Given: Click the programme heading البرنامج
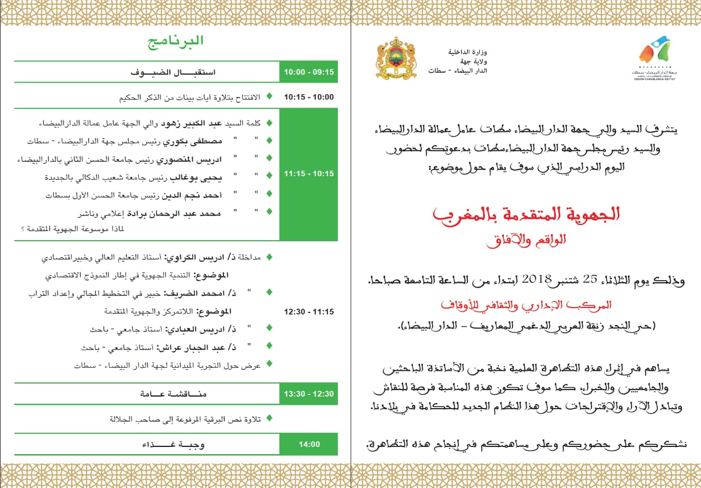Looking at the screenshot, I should click(176, 41).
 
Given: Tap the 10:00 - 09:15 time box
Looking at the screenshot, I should click(308, 72).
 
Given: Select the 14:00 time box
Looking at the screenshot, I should click(309, 444).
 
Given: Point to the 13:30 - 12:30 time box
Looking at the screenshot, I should click(308, 394).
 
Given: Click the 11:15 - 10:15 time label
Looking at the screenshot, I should click(308, 174).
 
